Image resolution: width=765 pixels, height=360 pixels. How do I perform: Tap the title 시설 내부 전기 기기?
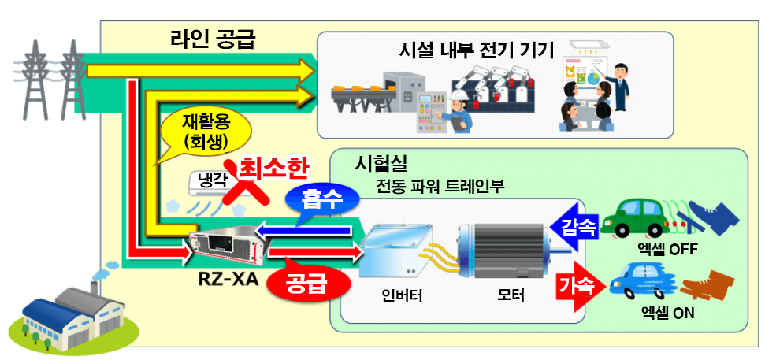tap(476, 50)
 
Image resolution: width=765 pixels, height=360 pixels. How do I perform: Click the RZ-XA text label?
tap(228, 280)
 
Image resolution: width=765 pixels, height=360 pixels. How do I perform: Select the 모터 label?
tap(511, 294)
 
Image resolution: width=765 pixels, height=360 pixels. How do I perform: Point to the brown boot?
tap(707, 285)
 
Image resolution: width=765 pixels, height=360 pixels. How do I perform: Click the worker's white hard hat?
tap(459, 95)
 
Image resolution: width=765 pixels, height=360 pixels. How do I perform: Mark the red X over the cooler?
tap(246, 184)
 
